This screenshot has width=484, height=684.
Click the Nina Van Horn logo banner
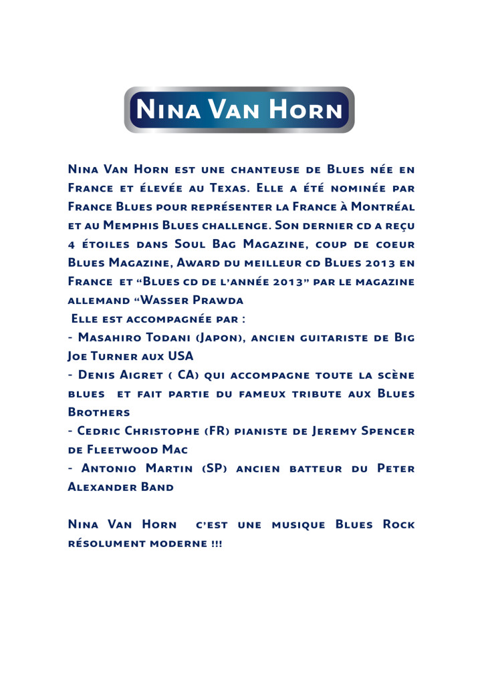pos(239,110)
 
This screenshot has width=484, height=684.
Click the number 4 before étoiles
pos(72,244)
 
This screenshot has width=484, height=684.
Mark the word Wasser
pos(163,300)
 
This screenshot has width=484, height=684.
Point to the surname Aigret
pos(151,375)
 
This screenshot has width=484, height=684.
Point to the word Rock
pos(398,524)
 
